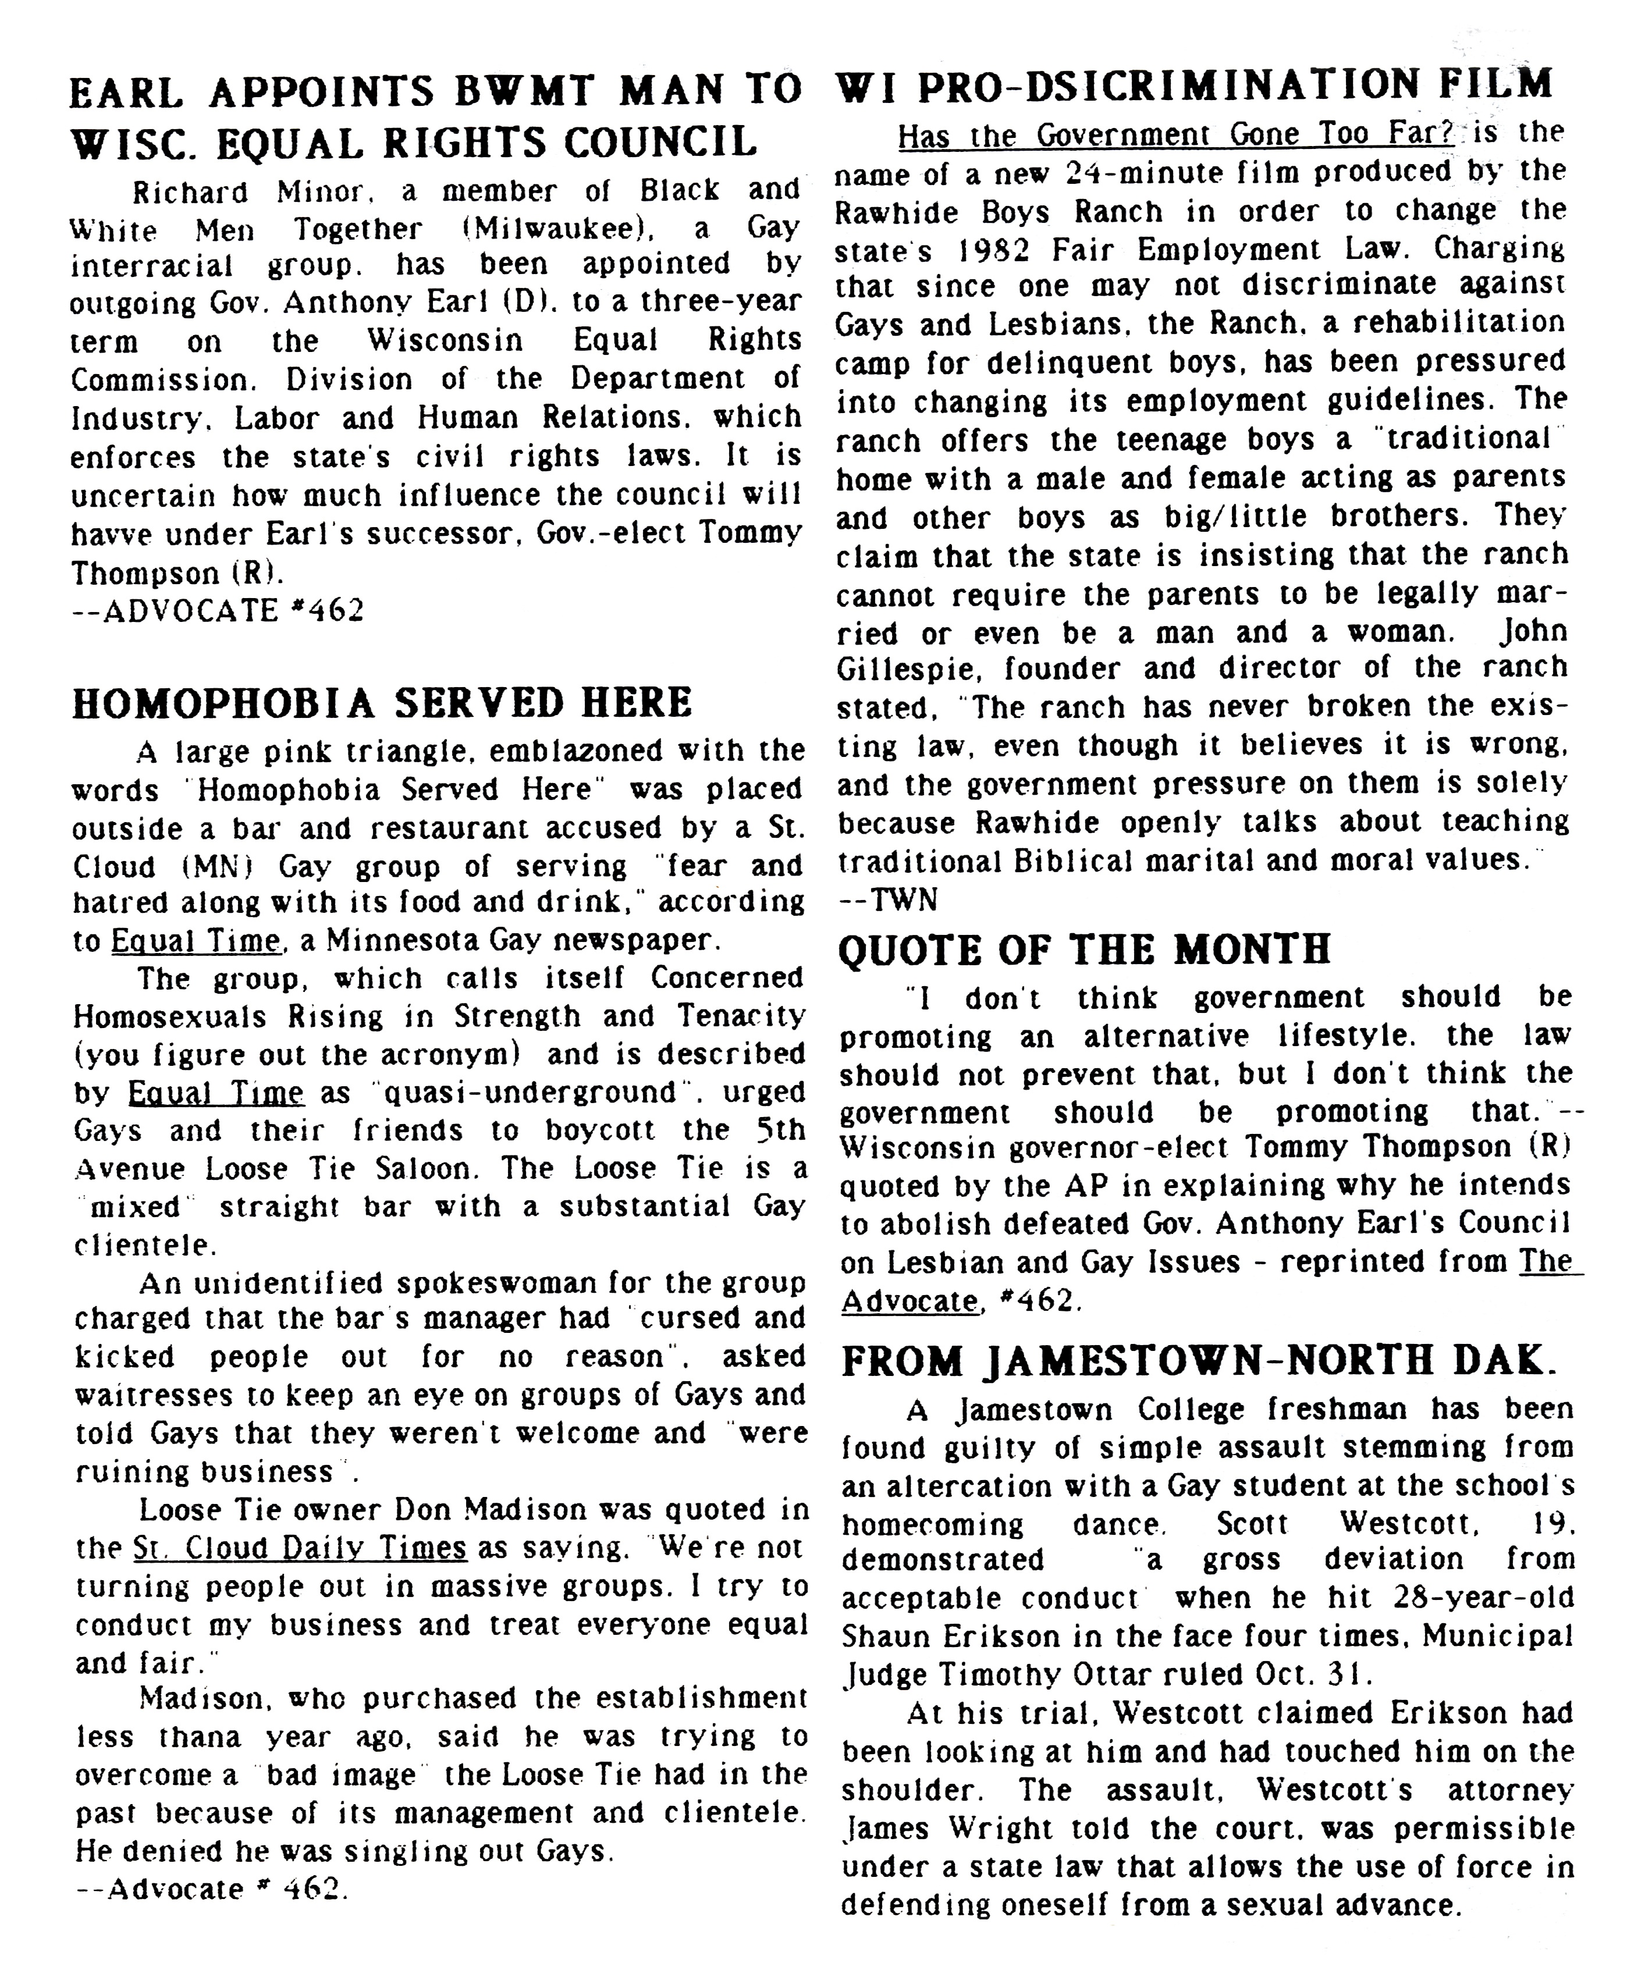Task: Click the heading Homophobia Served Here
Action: point(382,703)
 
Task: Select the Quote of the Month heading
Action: point(1085,949)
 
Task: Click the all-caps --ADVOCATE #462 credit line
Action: point(218,611)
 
